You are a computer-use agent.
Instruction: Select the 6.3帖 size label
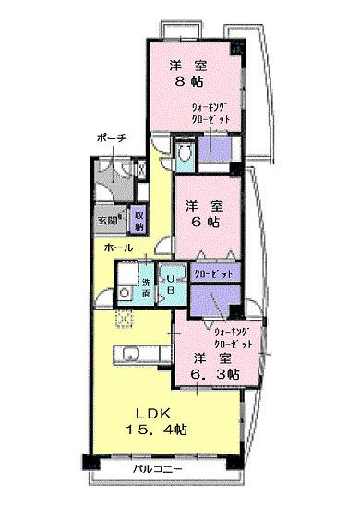tap(216, 373)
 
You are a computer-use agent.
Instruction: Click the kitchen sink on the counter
tap(128, 355)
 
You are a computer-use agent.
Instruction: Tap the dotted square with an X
tap(122, 319)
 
